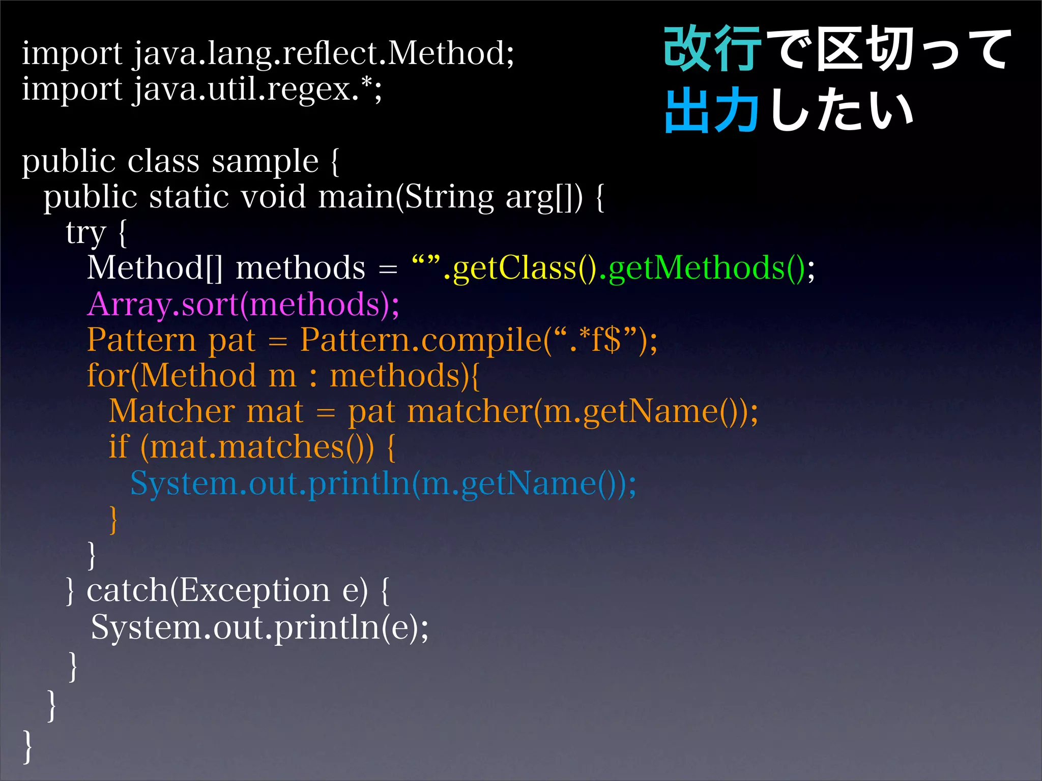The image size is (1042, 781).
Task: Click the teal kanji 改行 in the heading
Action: coord(712,49)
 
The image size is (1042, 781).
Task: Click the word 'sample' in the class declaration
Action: coord(265,162)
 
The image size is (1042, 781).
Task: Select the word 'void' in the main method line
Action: coord(273,197)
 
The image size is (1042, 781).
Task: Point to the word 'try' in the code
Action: coord(85,233)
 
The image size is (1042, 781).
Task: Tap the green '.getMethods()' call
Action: coord(702,268)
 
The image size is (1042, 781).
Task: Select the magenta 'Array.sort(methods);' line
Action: coord(243,304)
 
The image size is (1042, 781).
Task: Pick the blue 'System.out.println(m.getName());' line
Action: coord(383,483)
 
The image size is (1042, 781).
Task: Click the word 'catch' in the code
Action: coord(127,590)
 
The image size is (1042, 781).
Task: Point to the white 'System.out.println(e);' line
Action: coord(259,627)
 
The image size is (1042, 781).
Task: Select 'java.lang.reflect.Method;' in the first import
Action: coord(324,53)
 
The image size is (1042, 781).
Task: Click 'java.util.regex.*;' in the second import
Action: coord(257,89)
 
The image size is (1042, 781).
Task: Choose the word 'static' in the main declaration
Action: coord(189,197)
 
